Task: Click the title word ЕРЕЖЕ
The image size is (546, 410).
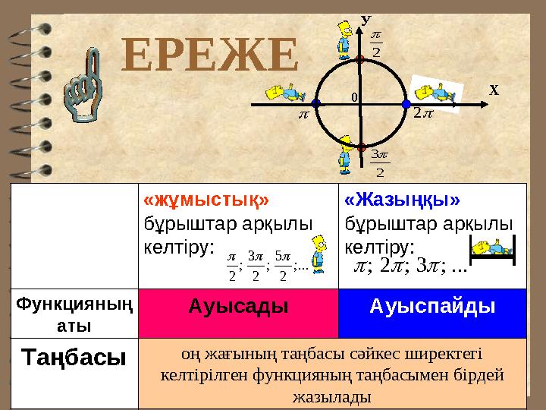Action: coord(211,55)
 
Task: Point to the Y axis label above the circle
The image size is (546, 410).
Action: coord(365,19)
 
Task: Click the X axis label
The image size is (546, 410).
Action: coord(494,90)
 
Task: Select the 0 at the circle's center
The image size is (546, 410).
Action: coord(354,97)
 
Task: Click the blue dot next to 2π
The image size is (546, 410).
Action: coord(406,103)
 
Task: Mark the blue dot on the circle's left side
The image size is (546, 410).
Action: coord(315,102)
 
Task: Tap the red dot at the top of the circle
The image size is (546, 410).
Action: coord(361,58)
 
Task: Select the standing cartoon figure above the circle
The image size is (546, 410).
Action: coord(345,42)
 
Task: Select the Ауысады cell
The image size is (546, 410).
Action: coord(238,308)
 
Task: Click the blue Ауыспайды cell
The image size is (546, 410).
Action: coord(431,308)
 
